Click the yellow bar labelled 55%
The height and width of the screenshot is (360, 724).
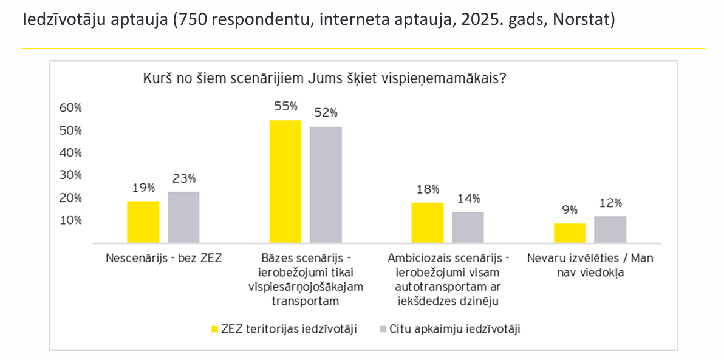285,182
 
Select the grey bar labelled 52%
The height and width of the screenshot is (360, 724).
326,185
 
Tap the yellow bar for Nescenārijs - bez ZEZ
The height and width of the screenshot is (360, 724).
143,222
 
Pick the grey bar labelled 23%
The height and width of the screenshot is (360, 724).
183,217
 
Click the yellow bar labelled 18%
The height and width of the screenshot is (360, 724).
427,222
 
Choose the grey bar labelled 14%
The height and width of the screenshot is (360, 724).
468,227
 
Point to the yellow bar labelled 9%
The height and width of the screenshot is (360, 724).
569,233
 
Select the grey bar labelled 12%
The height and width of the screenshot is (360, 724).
610,229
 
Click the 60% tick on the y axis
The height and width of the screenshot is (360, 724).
70,108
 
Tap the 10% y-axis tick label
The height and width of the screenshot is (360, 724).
70,220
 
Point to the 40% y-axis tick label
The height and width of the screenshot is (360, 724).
70,153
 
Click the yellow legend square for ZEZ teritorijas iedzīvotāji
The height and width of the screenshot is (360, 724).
214,329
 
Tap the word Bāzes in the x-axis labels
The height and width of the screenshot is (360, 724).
278,258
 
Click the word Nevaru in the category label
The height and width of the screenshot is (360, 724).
544,258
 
